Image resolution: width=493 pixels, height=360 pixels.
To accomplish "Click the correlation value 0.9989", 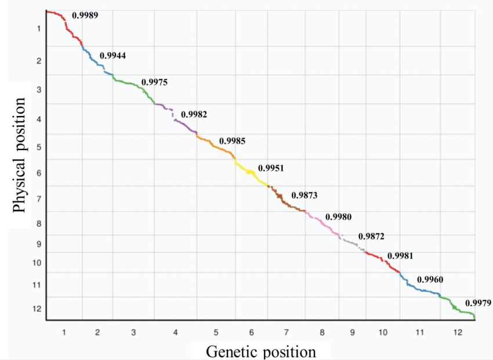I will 85,16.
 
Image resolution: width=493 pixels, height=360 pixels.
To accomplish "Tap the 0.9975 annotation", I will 154,82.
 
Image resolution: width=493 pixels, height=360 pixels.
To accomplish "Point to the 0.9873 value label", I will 304,195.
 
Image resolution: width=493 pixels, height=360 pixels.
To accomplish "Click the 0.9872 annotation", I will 371,237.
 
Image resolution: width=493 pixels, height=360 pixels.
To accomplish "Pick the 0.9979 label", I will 478,303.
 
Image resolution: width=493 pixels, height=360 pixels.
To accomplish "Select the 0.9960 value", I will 430,280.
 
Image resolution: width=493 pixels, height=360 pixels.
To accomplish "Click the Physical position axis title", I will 19,155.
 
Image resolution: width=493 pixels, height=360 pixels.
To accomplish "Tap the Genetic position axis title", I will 261,351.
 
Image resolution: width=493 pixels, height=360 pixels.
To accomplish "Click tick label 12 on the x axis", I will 458,332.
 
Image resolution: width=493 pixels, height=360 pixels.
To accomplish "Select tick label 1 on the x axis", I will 64,332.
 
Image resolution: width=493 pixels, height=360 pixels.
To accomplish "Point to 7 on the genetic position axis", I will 286,332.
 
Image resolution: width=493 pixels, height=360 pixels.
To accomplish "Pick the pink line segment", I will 322,223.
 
